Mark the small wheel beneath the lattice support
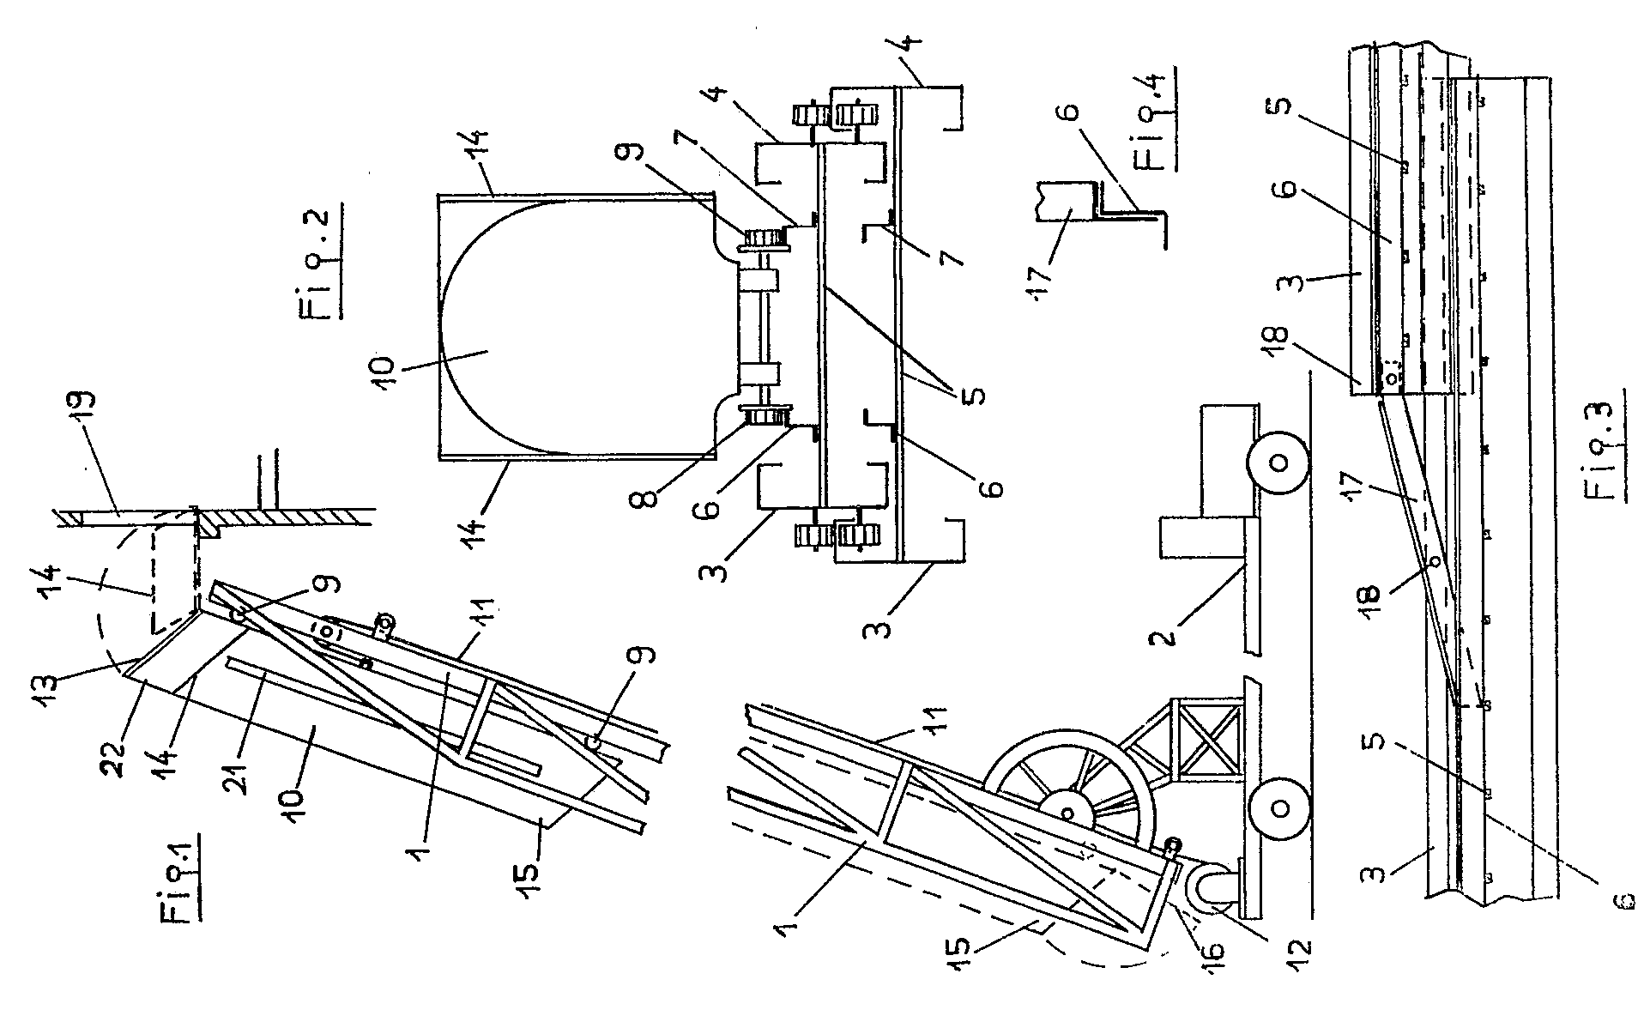[1278, 807]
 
